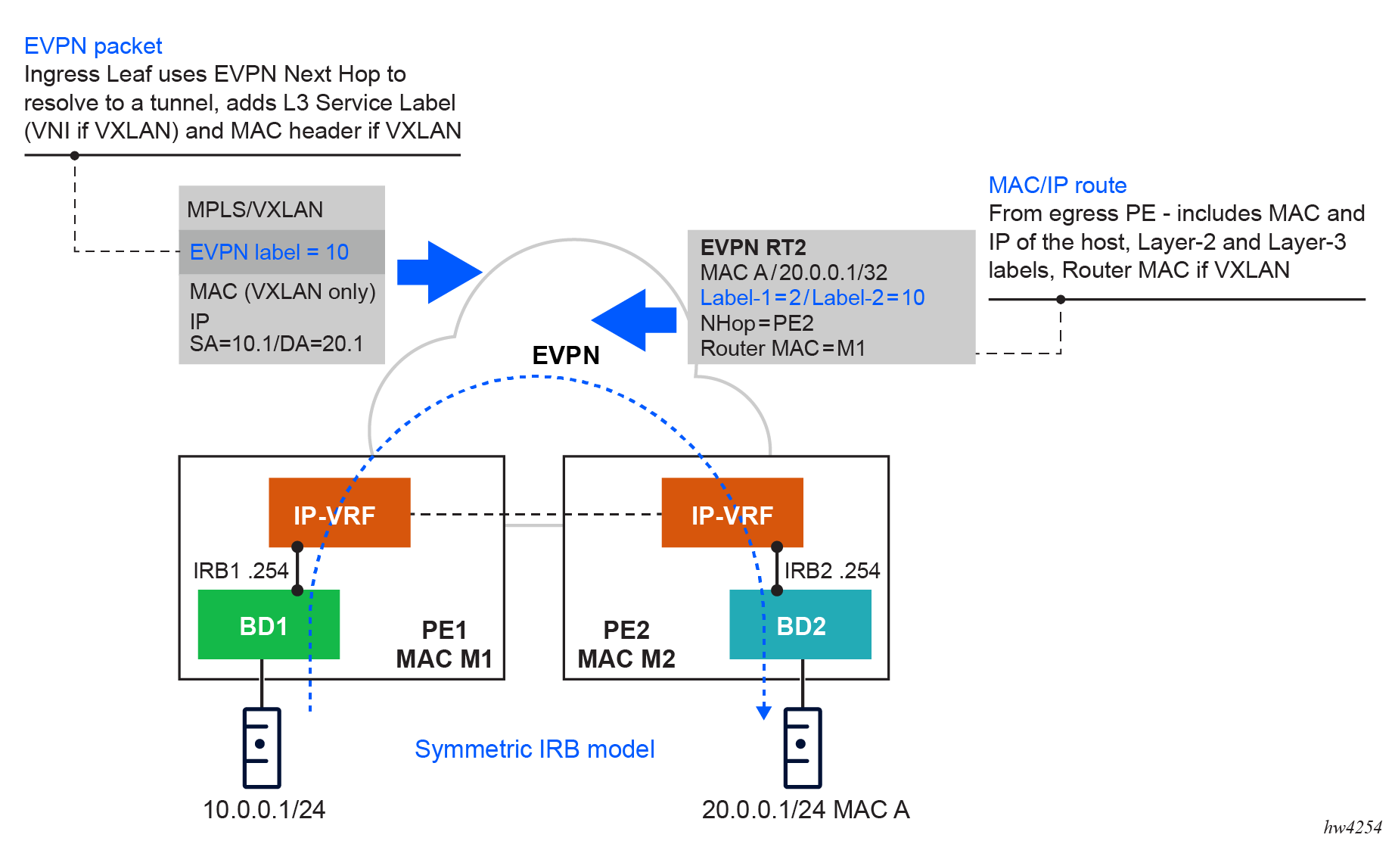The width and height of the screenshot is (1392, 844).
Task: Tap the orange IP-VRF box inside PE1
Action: click(x=339, y=512)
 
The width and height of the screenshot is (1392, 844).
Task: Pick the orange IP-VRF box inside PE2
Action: click(x=732, y=512)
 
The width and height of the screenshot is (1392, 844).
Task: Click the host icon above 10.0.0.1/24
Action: click(x=262, y=748)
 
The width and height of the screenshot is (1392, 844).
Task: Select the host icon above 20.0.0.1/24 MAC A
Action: click(x=802, y=748)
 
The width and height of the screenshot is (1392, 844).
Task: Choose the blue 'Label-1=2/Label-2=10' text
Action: click(x=812, y=297)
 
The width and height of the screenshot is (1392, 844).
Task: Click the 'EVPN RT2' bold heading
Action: click(x=753, y=248)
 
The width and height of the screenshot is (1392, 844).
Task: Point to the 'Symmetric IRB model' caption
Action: click(x=534, y=749)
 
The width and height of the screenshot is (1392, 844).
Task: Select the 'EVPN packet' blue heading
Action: click(x=93, y=46)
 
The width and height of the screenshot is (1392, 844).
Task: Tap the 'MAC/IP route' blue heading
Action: click(x=1057, y=185)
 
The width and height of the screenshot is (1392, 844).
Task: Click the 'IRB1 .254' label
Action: click(x=241, y=571)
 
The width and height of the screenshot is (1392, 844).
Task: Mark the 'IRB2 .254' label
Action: click(x=831, y=571)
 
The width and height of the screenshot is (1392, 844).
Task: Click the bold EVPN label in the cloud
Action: click(x=565, y=355)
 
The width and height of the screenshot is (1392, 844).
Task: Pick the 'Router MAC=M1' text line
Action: click(x=782, y=348)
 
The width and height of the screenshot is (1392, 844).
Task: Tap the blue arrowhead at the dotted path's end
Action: click(x=764, y=712)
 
